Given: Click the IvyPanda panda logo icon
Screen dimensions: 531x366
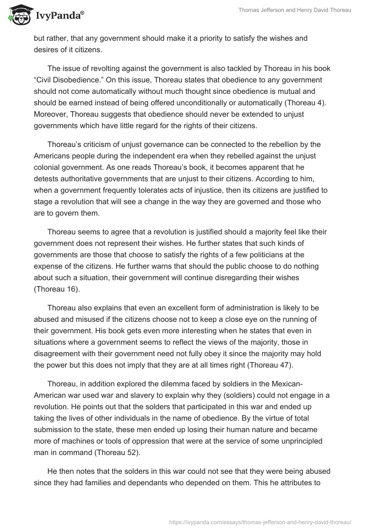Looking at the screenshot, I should click(x=17, y=16).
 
